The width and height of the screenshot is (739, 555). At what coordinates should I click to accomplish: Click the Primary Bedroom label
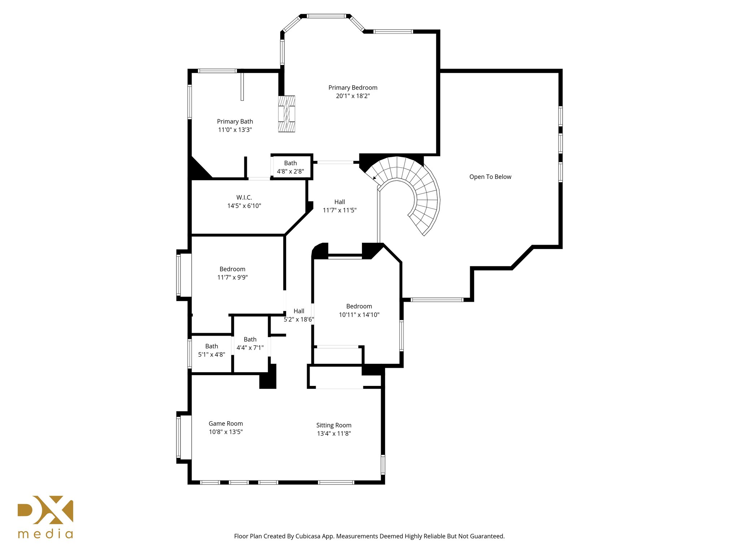point(353,87)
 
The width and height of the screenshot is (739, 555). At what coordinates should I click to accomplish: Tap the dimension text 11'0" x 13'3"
point(235,130)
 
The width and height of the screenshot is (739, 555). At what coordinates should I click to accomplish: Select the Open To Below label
point(490,177)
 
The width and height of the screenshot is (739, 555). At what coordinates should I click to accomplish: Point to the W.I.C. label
point(244,197)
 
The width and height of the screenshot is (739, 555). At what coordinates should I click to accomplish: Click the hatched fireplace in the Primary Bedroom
point(287,114)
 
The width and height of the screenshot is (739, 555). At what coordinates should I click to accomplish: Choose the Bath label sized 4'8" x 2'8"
point(290,163)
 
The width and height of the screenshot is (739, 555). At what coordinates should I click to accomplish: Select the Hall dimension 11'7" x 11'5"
point(339,210)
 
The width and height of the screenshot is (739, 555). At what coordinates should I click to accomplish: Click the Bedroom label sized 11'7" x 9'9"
point(232,269)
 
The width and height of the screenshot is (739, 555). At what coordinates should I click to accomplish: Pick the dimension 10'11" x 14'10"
point(359,315)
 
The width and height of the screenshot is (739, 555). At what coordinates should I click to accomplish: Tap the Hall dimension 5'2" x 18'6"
point(299,319)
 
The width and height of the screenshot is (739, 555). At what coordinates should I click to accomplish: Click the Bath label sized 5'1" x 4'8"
point(211,346)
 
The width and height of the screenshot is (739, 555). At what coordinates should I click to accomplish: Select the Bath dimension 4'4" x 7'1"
point(250,348)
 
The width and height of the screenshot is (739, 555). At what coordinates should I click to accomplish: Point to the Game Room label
point(226,423)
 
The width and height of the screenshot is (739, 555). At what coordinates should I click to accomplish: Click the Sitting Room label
point(334,425)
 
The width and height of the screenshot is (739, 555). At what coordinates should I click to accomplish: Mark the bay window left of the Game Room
point(179,437)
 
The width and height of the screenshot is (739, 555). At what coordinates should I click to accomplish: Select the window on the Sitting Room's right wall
point(383,464)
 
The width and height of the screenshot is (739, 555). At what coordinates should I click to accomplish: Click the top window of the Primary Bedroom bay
point(326,16)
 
